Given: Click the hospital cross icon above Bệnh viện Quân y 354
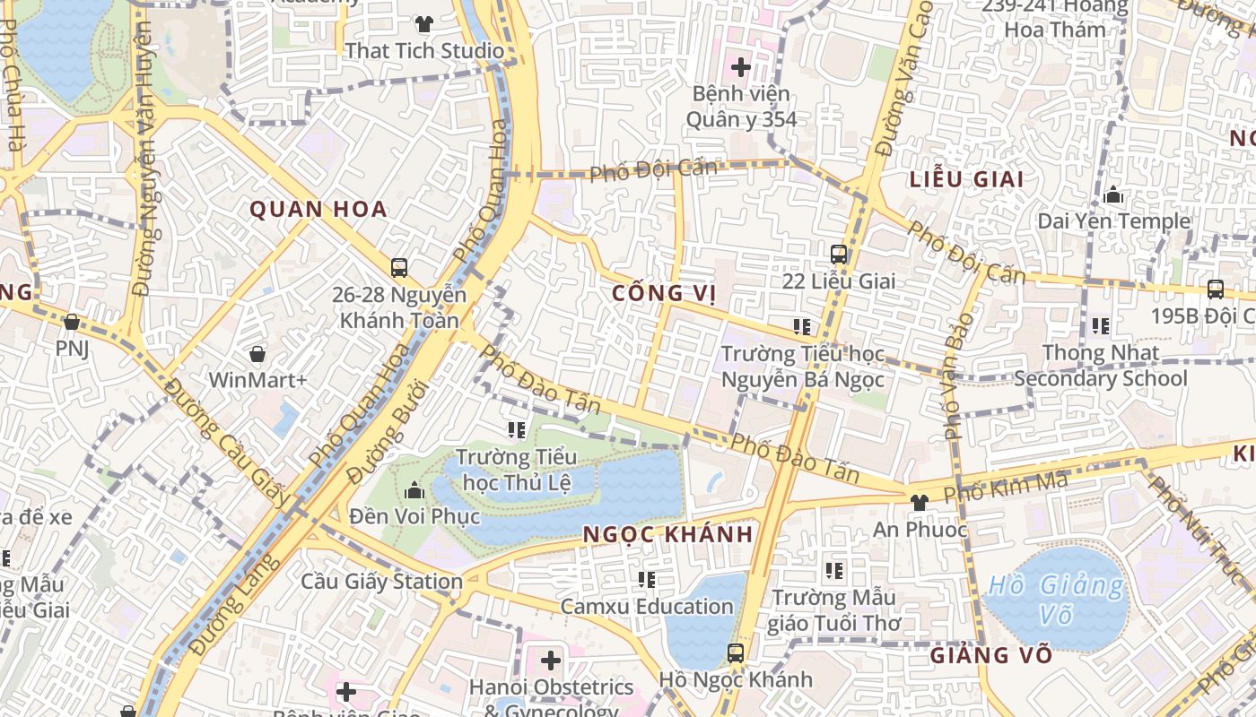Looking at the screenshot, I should [741, 66].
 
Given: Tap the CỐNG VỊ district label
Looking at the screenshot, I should [664, 294].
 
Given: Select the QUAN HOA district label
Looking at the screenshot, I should [318, 210].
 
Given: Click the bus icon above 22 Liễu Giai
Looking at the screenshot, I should [839, 255].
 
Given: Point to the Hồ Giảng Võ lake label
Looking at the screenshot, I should [1055, 600].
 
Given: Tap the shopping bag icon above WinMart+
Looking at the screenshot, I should [257, 354].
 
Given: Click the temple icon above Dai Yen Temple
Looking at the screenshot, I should [1113, 194].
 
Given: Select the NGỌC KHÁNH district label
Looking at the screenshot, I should [667, 534].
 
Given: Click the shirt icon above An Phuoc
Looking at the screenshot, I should [920, 503].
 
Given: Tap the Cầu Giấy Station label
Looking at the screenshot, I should [381, 582].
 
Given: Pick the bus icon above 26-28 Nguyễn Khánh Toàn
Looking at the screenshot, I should [399, 267].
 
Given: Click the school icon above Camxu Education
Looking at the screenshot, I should [647, 580].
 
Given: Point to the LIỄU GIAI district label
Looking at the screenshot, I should [966, 179].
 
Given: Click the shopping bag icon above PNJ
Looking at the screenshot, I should [72, 321].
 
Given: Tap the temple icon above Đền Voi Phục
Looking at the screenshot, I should [414, 490].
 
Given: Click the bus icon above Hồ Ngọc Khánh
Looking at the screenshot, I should [736, 652].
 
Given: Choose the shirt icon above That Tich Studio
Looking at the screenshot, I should [424, 24].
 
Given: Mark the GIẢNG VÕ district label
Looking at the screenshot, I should [990, 655].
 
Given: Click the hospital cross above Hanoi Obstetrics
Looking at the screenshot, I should [551, 661].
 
